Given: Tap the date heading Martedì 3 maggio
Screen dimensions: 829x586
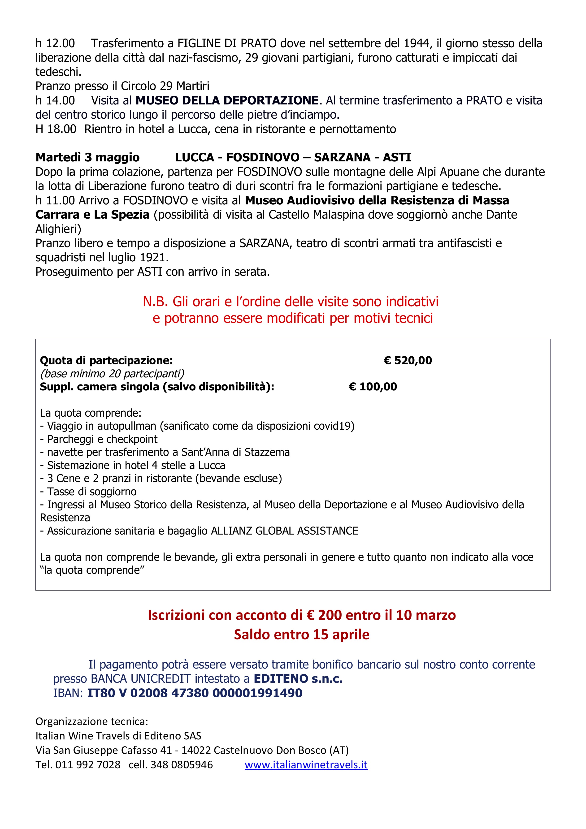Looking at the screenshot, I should point(87,157).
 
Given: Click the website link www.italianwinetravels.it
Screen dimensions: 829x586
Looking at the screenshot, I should point(306,764).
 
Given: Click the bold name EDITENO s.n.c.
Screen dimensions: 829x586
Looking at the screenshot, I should point(298,678).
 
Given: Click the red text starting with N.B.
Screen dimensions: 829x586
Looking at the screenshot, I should point(291,302).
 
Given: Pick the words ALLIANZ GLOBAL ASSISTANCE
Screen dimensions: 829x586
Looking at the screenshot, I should point(285,531).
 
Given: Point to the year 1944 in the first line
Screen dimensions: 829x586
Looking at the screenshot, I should point(416,43).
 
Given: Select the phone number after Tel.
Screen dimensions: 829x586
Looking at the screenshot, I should point(88,764).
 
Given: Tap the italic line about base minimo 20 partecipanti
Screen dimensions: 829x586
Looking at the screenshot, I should point(112,373).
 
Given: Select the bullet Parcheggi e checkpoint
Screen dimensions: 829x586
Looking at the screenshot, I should point(99,439).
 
